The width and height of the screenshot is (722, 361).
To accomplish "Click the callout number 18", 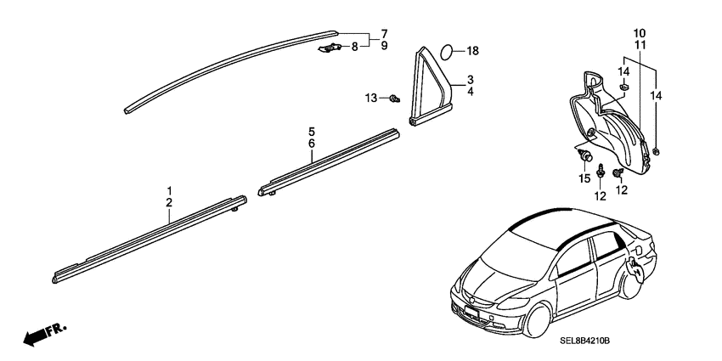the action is [473, 51].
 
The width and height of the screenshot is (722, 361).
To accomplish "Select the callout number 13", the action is [371, 98].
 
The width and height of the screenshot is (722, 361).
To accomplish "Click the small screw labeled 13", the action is [394, 98].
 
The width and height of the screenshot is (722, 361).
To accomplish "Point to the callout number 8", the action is [354, 47].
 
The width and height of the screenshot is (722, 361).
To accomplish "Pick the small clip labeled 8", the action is [330, 48].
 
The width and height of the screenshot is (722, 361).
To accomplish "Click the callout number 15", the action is [584, 178].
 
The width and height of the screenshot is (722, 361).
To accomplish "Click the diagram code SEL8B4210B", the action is [584, 341].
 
